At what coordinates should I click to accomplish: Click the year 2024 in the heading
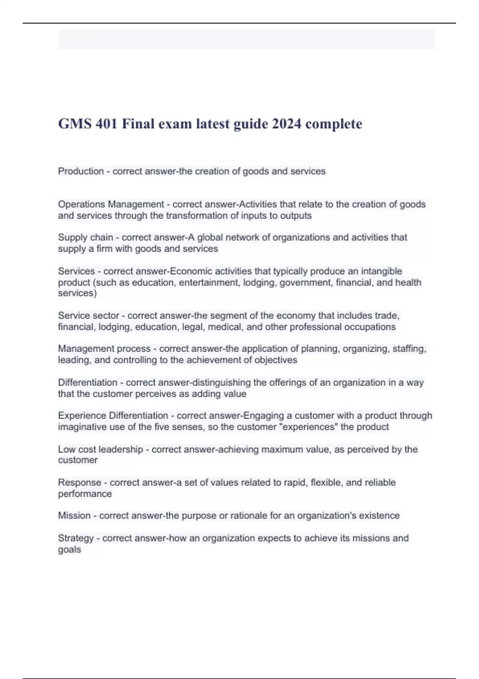tap(287, 124)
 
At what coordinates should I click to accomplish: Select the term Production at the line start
tap(81, 171)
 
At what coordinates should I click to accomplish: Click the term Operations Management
tap(111, 204)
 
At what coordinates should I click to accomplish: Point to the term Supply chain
tap(85, 237)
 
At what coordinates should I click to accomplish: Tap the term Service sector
tap(89, 316)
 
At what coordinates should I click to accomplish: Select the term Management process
tap(104, 349)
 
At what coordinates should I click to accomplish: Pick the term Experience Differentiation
tap(113, 415)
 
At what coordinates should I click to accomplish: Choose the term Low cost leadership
tap(100, 449)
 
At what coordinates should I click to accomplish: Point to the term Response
tap(79, 482)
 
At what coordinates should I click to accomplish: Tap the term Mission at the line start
tap(74, 516)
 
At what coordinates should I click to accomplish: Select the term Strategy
tap(76, 538)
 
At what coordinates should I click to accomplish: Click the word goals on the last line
tap(69, 550)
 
